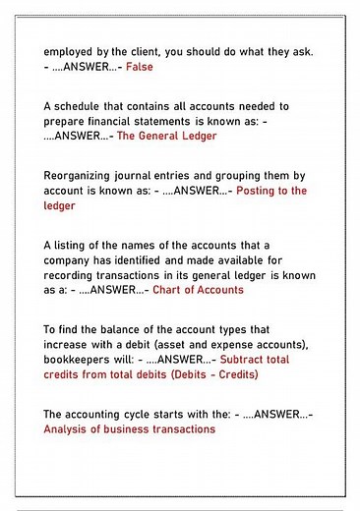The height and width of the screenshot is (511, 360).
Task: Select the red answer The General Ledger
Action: coord(167,137)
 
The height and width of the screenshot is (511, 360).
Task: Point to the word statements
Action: coord(173,121)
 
